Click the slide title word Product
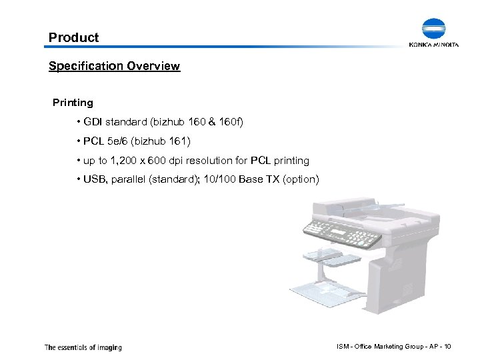point(73,38)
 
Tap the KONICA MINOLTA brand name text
point(434,45)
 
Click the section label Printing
point(73,103)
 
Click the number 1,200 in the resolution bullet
point(125,161)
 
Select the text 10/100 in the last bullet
point(223,180)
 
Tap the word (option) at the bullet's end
point(300,180)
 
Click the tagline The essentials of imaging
point(83,347)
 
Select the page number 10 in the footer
point(447,347)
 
